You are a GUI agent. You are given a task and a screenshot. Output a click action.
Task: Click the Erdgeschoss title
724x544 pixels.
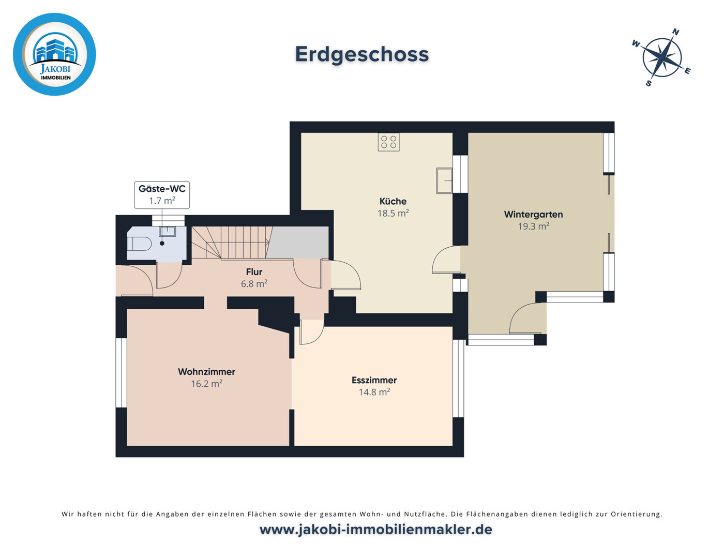pyautogui.click(x=361, y=54)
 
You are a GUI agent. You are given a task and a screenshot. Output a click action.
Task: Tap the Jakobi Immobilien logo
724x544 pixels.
pyautogui.click(x=54, y=54)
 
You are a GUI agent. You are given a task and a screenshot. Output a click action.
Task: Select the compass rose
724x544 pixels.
pyautogui.click(x=661, y=57)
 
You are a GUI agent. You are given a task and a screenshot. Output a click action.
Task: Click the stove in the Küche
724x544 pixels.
pyautogui.click(x=388, y=142)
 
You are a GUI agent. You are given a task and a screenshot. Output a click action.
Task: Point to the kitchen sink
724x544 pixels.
pyautogui.click(x=444, y=180)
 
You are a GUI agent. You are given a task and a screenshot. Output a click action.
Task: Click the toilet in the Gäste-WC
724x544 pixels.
pyautogui.click(x=139, y=244)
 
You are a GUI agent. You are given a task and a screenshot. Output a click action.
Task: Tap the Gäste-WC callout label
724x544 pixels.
pyautogui.click(x=162, y=194)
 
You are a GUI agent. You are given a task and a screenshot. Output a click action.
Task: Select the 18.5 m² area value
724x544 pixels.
pyautogui.click(x=393, y=213)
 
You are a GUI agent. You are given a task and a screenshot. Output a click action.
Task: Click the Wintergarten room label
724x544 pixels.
pyautogui.click(x=533, y=214)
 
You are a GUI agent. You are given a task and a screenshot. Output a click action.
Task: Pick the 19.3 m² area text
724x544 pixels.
pyautogui.click(x=533, y=226)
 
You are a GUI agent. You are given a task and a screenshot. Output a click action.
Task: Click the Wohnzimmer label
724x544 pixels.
pyautogui.click(x=206, y=372)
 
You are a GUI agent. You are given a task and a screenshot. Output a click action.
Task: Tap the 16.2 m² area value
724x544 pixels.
pyautogui.click(x=206, y=384)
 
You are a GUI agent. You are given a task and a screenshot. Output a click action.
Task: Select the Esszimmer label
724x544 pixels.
pyautogui.click(x=374, y=380)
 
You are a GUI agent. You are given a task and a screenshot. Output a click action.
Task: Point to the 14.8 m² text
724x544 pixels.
pyautogui.click(x=374, y=392)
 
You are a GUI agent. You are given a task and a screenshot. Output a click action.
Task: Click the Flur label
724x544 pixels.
pyautogui.click(x=254, y=271)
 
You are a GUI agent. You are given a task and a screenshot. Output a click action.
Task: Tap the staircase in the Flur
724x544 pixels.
pyautogui.click(x=230, y=242)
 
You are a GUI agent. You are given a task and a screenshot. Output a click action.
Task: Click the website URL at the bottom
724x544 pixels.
pyautogui.click(x=375, y=530)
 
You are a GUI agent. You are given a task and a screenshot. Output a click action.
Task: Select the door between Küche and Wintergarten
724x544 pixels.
pyautogui.click(x=446, y=260)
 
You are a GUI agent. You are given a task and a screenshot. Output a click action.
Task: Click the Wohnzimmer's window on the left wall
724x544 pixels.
pyautogui.click(x=121, y=372)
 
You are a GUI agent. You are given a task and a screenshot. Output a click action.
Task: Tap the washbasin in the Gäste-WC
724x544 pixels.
pyautogui.click(x=167, y=231)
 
